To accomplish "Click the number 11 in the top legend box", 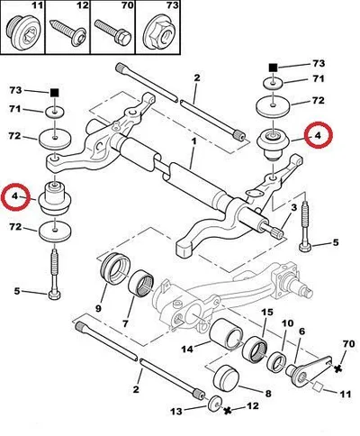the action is [38, 5].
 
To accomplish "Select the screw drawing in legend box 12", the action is [67, 32].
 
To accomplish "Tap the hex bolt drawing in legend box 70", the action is [112, 32].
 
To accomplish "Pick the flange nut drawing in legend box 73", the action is [157, 33].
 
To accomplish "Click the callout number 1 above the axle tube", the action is [194, 141].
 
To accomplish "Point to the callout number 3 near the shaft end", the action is [293, 207].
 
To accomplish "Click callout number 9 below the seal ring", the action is [99, 308].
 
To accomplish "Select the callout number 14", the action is [187, 350].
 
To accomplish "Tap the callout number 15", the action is [267, 312].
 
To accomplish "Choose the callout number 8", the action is [268, 393].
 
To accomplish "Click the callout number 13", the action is [176, 411].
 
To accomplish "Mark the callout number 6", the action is [301, 332].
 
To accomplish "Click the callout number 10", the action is [287, 323].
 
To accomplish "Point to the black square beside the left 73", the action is [54, 92].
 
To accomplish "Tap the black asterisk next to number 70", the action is [338, 368].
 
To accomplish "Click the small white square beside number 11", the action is [318, 387].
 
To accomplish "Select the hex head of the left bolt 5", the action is [54, 295].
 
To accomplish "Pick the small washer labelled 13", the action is [215, 403].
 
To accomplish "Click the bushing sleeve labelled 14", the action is [226, 333].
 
